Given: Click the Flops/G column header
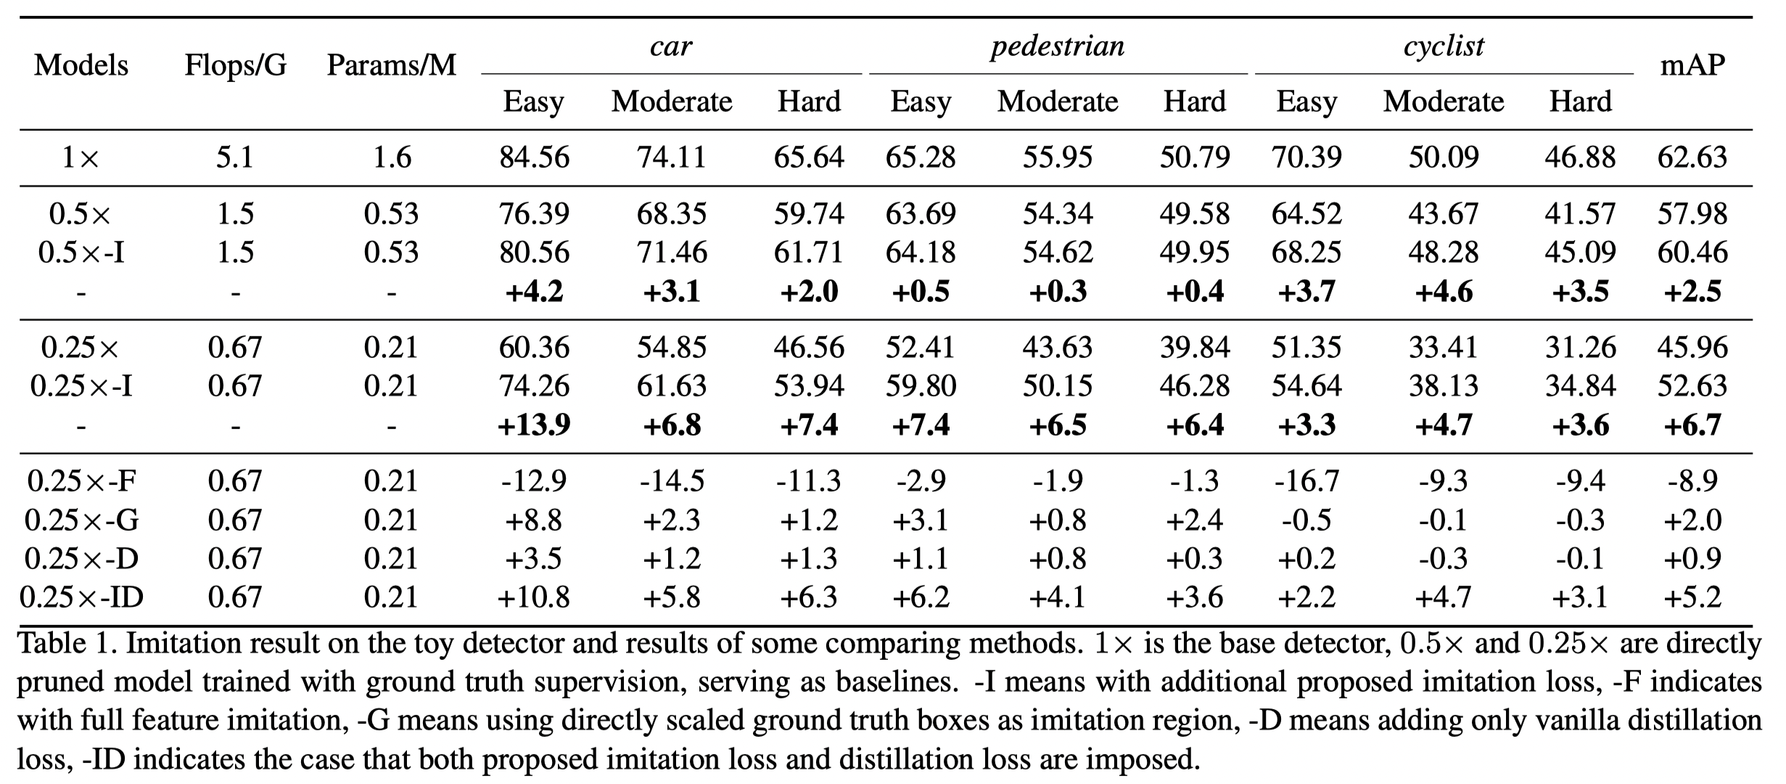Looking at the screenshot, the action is [x=236, y=65].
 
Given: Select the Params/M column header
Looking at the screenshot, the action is [x=392, y=65].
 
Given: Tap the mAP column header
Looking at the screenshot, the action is [x=1692, y=66].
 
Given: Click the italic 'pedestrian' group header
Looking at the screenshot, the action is [x=1058, y=47].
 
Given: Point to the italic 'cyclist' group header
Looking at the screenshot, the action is [x=1444, y=46].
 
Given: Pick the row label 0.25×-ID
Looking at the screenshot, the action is [x=81, y=597].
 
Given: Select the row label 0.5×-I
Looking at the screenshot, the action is [x=81, y=253].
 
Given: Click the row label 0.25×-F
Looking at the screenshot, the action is [x=81, y=481].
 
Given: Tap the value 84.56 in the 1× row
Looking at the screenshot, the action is [x=535, y=158].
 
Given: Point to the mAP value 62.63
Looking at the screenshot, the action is [x=1692, y=158].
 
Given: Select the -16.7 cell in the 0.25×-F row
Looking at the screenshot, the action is [x=1306, y=481].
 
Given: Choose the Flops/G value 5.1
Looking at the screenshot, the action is [x=236, y=158].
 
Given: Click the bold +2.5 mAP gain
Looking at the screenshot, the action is [x=1692, y=292].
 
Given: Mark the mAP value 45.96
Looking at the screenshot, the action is [x=1692, y=348].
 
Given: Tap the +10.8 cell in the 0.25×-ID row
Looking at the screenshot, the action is [x=535, y=597].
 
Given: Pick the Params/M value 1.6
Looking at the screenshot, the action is [x=392, y=158].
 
